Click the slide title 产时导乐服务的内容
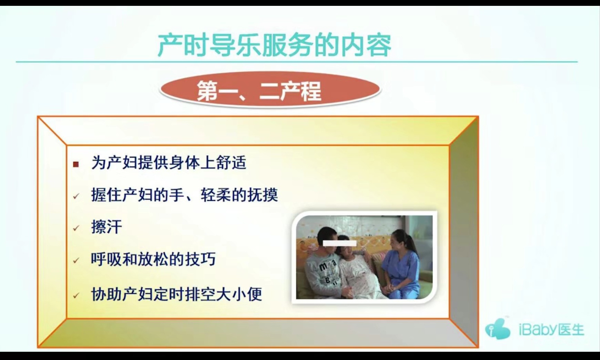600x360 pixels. pos(274,45)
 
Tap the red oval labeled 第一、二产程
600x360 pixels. pos(270,90)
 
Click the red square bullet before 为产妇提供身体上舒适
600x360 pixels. pos(76,164)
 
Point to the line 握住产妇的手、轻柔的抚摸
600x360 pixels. pos(184,195)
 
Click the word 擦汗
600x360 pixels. pos(106,227)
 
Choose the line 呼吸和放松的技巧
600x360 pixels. pos(153,259)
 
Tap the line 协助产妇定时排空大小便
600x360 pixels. pos(176,294)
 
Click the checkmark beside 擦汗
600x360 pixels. pos(76,228)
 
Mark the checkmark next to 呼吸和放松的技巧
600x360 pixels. pos(76,261)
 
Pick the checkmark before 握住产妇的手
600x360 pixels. pos(76,196)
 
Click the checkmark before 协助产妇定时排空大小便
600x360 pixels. pos(76,296)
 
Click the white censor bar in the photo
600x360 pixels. pos(340,243)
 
